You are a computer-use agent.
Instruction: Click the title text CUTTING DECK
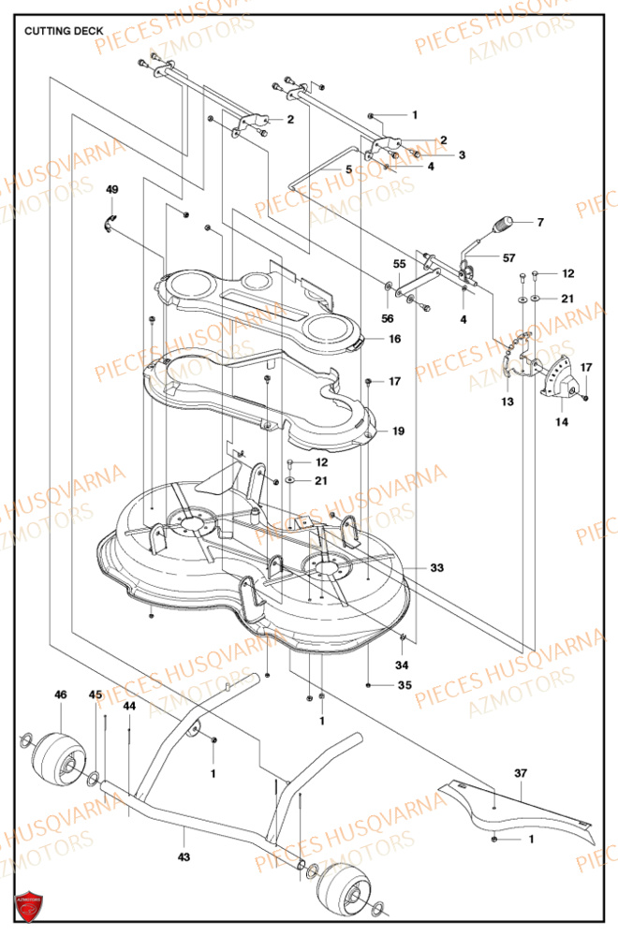[x=65, y=30]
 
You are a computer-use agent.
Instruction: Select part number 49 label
[x=112, y=190]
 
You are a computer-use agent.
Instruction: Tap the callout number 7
[x=539, y=223]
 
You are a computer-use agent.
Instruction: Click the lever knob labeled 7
[x=503, y=226]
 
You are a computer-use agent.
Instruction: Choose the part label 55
[x=399, y=265]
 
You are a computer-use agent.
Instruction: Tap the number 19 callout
[x=399, y=431]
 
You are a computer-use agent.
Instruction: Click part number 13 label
[x=508, y=402]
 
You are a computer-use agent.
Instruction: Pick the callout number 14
[x=561, y=422]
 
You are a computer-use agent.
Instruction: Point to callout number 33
[x=437, y=568]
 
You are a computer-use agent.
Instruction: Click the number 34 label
[x=403, y=666]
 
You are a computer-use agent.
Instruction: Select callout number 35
[x=405, y=686]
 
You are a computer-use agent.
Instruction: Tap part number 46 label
[x=61, y=695]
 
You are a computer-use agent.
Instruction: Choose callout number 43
[x=184, y=857]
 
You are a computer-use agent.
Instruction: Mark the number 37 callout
[x=521, y=773]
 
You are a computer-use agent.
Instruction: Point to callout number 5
[x=348, y=169]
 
